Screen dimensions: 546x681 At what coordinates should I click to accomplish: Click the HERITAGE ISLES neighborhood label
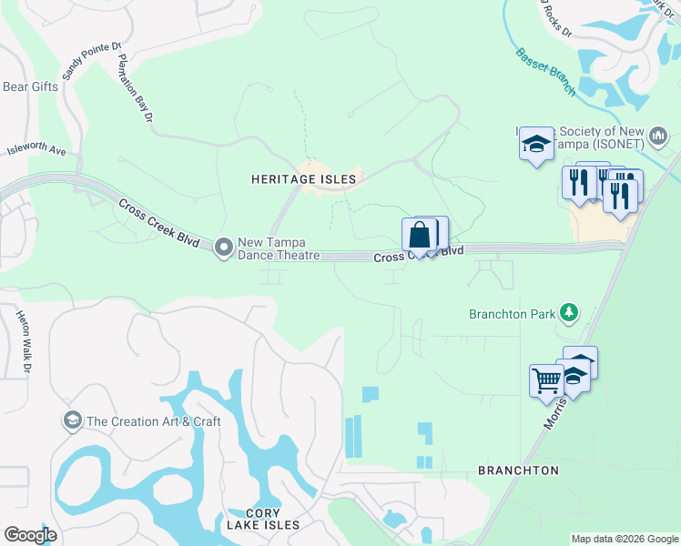click(303, 180)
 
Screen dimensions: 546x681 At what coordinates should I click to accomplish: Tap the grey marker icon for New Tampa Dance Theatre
click(225, 248)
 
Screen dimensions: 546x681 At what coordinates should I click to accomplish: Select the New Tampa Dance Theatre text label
click(279, 248)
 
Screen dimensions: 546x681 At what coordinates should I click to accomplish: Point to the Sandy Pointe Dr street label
click(90, 60)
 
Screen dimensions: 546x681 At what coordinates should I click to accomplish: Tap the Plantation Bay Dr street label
click(137, 88)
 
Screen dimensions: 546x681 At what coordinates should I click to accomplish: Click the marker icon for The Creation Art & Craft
click(72, 420)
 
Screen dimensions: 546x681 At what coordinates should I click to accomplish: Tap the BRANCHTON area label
click(518, 470)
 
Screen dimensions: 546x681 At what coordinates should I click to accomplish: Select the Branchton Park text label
click(512, 315)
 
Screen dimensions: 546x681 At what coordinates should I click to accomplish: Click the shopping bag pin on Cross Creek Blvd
click(420, 236)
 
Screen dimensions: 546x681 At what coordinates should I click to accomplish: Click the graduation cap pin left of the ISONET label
click(537, 144)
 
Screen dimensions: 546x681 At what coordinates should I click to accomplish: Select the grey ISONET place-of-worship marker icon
click(659, 136)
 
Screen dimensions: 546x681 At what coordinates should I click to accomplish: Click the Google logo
click(30, 534)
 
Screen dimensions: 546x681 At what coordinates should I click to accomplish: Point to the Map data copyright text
click(624, 539)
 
